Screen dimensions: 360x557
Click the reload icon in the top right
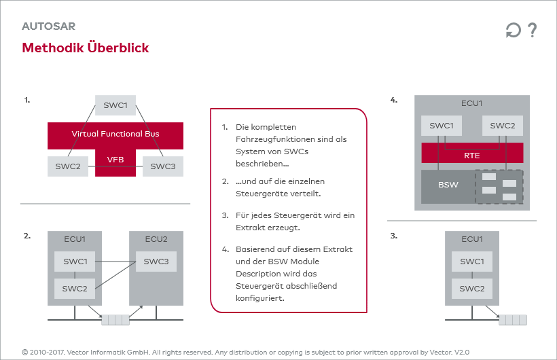click(x=513, y=31)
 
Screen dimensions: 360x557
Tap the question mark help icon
click(x=532, y=30)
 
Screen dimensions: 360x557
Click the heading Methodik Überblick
click(x=86, y=48)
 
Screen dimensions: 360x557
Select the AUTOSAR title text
click(x=48, y=26)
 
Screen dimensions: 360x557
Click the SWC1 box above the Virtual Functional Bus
click(x=115, y=105)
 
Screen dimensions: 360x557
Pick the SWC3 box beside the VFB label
click(x=163, y=166)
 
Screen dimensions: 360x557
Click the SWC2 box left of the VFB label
click(x=68, y=166)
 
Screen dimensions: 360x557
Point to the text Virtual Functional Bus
click(x=115, y=134)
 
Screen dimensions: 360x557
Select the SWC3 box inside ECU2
click(x=156, y=262)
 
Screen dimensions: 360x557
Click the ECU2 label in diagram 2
click(x=156, y=239)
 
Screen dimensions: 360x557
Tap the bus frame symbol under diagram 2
click(x=115, y=318)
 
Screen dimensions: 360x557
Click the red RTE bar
click(x=472, y=156)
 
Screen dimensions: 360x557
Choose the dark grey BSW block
click(x=448, y=185)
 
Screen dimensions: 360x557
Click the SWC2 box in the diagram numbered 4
click(x=503, y=126)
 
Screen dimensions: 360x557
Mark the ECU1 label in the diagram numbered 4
click(x=472, y=103)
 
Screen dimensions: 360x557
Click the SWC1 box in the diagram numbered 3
click(x=472, y=262)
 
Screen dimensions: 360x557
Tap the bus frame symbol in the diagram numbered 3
click(x=512, y=318)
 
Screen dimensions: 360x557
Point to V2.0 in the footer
click(x=462, y=353)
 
